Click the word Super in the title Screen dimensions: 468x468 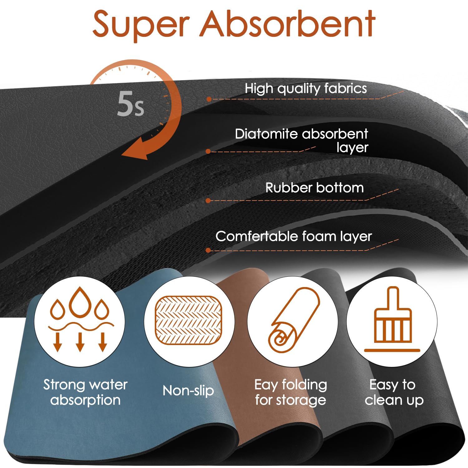(141, 24)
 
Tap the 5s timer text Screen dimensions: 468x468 (131, 104)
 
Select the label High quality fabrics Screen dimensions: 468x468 (306, 89)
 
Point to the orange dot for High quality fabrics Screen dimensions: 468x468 (209, 99)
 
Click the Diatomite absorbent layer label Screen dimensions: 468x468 (302, 140)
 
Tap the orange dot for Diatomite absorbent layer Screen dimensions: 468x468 (208, 152)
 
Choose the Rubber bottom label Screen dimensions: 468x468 (314, 188)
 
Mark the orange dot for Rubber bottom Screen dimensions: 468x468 (208, 201)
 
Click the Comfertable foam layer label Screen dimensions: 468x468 (294, 236)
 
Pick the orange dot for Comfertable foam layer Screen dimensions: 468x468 (208, 250)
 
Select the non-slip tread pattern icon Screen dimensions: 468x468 (188, 320)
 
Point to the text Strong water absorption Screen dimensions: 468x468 (85, 392)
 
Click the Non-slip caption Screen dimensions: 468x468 (188, 391)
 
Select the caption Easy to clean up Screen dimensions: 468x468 (394, 392)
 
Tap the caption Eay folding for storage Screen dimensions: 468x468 (291, 392)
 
